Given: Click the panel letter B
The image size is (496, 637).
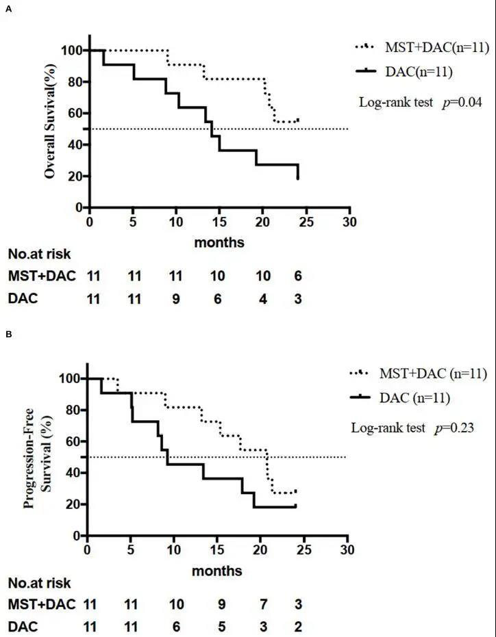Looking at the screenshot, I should (8, 335).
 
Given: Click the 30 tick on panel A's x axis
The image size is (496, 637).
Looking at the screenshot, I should (349, 223).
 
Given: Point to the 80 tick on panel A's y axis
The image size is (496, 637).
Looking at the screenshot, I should (71, 82).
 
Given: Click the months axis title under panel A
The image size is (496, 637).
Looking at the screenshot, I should (219, 242).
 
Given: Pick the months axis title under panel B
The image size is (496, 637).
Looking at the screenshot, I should (217, 570).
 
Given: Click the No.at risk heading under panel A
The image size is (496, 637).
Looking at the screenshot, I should (39, 255).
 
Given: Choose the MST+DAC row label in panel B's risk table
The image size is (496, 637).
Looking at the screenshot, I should (41, 605).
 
